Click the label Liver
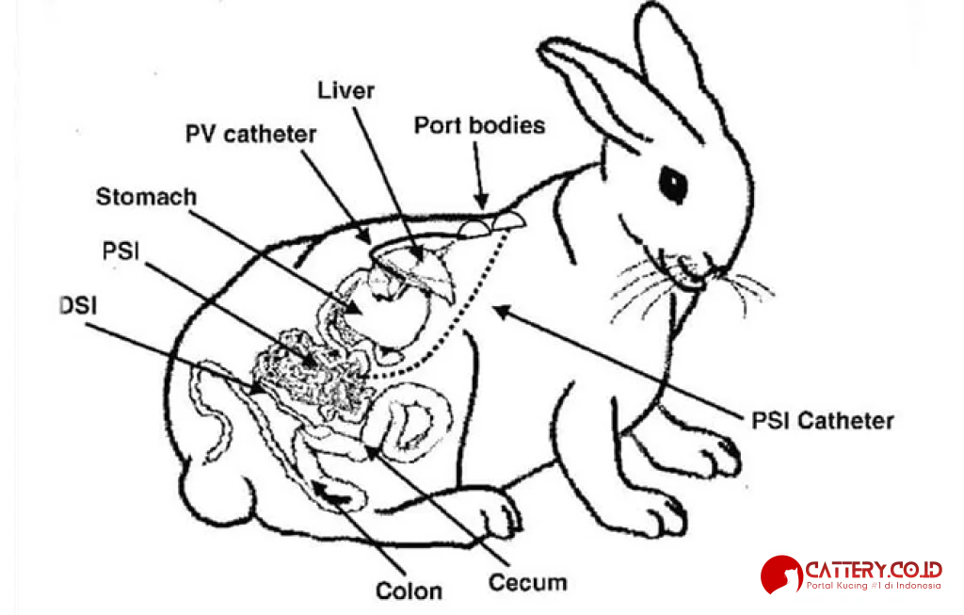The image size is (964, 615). coord(345,90)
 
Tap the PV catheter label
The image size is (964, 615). coord(249,134)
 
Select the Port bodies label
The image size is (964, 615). coord(479,125)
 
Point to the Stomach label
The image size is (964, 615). coord(146,197)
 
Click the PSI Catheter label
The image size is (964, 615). coord(822,420)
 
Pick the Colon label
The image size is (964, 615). coord(409,591)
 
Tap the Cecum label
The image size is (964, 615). coord(527,582)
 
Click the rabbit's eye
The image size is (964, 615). coord(673,183)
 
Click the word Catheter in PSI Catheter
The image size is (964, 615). coord(843,420)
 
